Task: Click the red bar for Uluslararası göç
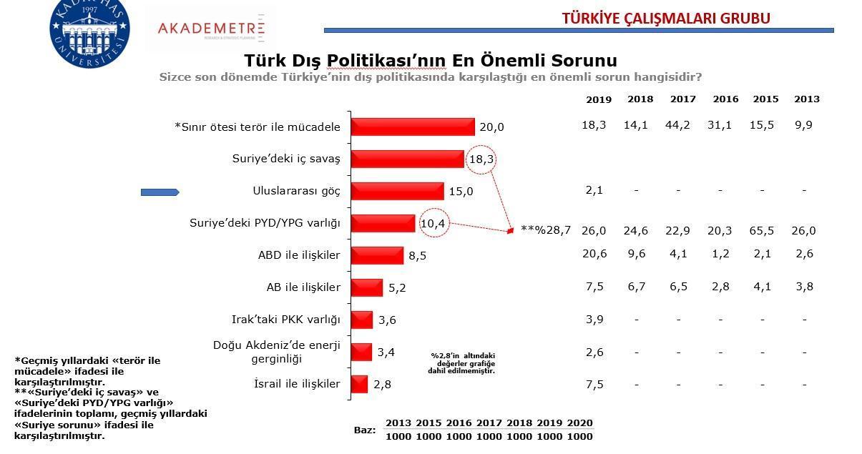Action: click(397, 191)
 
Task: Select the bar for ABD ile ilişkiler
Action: click(377, 255)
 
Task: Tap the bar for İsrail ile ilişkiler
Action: click(359, 384)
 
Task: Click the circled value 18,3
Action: click(480, 159)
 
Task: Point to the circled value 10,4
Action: click(433, 224)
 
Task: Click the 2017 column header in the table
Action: click(682, 99)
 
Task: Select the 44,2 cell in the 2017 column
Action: click(682, 125)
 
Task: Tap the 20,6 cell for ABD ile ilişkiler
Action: click(594, 253)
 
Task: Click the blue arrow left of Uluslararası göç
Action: click(160, 192)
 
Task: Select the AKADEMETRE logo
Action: click(211, 29)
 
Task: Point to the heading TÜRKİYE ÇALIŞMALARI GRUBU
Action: click(666, 18)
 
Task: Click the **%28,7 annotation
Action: click(546, 230)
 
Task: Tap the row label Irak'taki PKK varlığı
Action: click(286, 320)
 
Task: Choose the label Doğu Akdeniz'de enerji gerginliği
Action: click(276, 352)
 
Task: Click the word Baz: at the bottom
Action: click(365, 430)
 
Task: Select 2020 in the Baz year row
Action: click(579, 423)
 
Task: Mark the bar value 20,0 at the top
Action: click(491, 127)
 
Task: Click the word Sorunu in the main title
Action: click(577, 60)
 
